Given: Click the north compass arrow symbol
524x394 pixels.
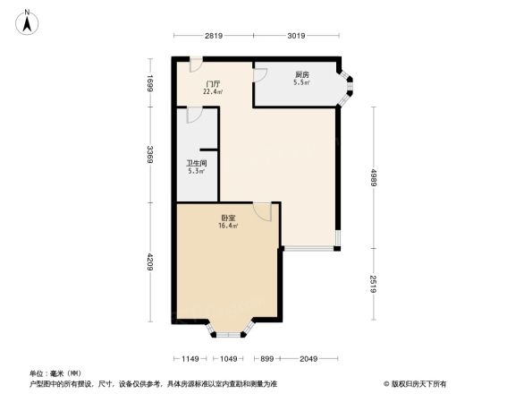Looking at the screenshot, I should tap(29, 21).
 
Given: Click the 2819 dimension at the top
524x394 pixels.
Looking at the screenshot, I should tap(213, 37).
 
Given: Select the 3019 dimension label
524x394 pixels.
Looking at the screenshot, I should tap(297, 37).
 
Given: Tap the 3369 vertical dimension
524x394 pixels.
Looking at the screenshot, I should tap(153, 156).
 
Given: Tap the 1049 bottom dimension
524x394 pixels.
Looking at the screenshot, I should tap(230, 359).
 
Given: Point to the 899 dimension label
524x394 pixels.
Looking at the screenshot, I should tap(266, 359).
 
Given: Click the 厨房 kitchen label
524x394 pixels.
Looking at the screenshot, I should tap(302, 74).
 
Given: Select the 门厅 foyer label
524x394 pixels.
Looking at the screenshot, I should tap(212, 84).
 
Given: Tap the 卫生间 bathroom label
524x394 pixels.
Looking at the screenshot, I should tap(196, 164).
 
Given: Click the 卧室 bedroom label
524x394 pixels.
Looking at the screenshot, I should tap(228, 218).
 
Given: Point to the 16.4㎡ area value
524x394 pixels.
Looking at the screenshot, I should tap(228, 226).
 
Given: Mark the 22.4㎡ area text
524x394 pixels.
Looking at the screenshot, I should tap(212, 91).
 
